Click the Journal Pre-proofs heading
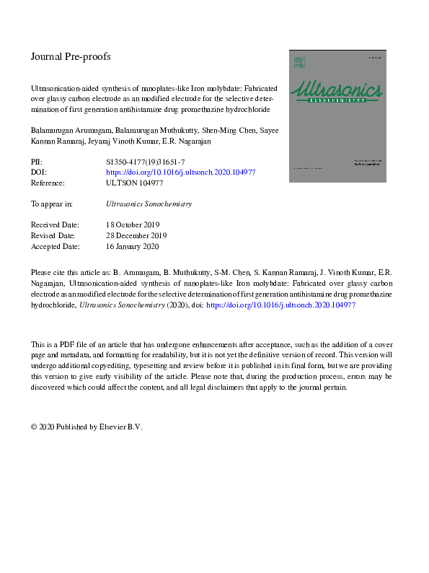tap(71, 56)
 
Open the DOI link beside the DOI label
tap(180, 173)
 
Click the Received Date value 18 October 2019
tap(136, 225)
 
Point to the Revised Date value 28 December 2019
tap(137, 236)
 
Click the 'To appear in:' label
tap(52, 204)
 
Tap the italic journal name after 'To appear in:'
tap(149, 204)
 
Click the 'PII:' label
tap(37, 163)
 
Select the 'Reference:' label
tap(48, 183)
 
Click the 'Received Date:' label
tap(56, 225)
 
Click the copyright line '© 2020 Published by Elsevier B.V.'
tap(87, 427)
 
